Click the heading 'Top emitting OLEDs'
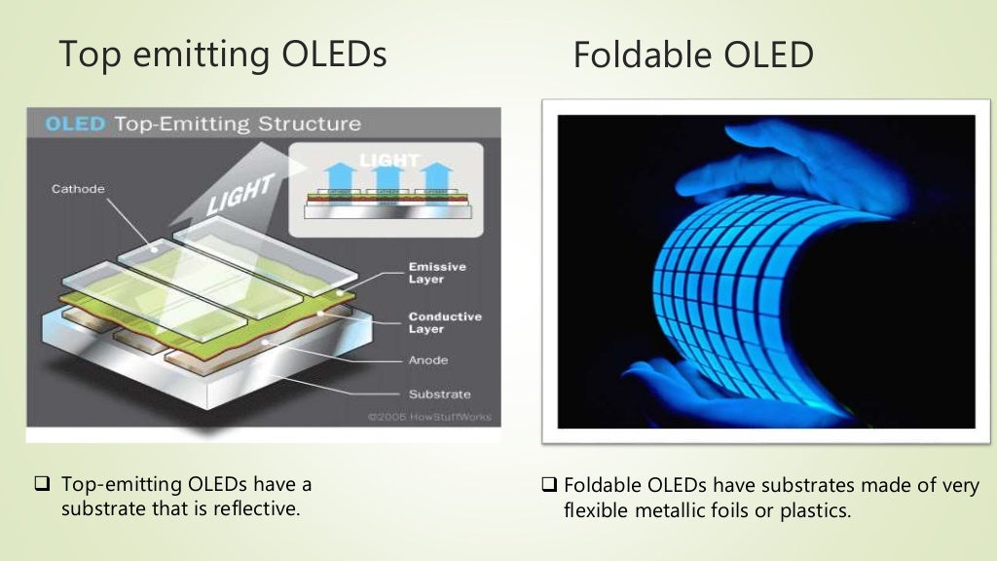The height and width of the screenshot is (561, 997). pyautogui.click(x=222, y=55)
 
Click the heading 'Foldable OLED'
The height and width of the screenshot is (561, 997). pyautogui.click(x=692, y=56)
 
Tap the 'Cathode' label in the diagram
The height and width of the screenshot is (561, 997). pyautogui.click(x=77, y=189)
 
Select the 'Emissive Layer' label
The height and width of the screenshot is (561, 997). pyautogui.click(x=437, y=273)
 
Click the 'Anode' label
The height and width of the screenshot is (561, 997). pyautogui.click(x=428, y=360)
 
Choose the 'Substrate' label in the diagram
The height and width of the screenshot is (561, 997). pyautogui.click(x=439, y=394)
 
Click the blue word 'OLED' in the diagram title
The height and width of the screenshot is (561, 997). pyautogui.click(x=75, y=125)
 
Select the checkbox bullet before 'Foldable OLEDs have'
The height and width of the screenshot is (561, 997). pyautogui.click(x=550, y=485)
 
